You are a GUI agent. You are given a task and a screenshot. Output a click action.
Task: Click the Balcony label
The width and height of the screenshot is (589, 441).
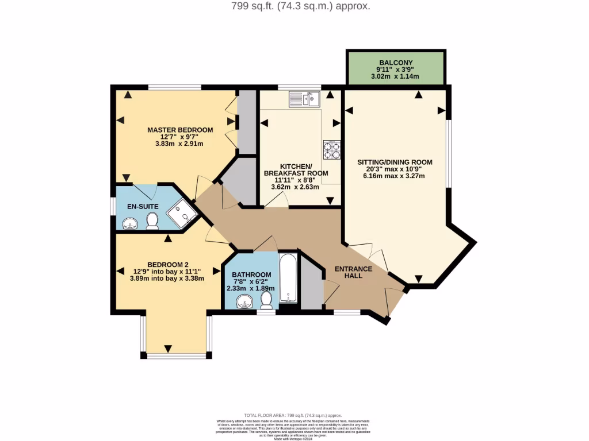click(396, 63)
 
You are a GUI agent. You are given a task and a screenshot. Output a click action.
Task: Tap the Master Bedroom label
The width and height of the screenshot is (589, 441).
click(179, 130)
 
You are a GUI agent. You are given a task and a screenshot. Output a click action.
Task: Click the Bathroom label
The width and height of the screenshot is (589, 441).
click(251, 274)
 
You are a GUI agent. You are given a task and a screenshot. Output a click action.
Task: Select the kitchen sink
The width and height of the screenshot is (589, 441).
click(304, 99)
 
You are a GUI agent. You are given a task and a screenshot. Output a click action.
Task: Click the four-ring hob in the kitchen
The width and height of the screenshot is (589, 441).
click(331, 149)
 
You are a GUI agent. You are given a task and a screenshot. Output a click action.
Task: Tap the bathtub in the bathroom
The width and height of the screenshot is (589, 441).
click(288, 279)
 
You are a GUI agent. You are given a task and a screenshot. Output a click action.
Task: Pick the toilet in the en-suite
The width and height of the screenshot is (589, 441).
click(152, 221)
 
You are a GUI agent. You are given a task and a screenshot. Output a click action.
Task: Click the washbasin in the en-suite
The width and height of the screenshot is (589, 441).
click(131, 223)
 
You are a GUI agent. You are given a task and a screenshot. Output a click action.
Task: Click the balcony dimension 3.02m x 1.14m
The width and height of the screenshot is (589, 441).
click(396, 76)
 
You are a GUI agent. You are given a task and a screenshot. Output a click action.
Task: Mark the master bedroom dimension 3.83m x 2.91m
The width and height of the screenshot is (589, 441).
click(179, 144)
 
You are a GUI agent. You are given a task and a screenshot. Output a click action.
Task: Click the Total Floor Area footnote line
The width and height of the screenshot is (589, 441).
click(293, 415)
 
